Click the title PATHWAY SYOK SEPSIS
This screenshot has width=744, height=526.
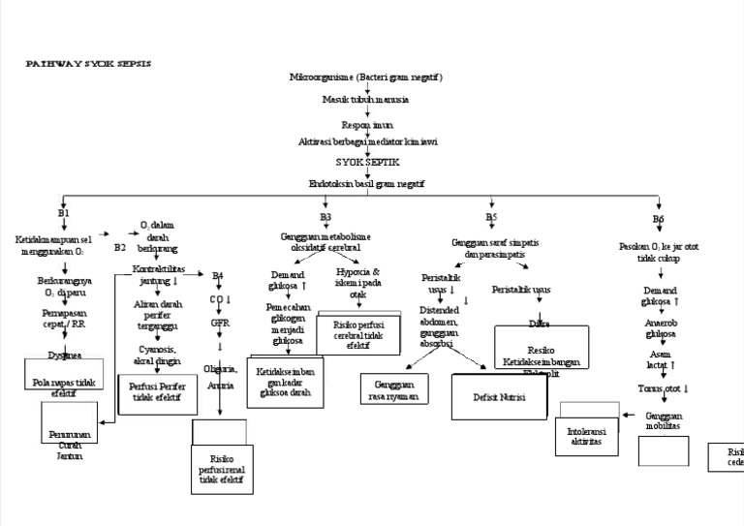87,63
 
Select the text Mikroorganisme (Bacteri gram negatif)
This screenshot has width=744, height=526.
366,77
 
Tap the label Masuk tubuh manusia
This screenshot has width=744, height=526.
365,99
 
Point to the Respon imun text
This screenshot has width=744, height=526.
365,125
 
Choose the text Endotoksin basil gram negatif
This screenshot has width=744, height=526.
366,182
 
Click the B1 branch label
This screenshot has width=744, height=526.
64,212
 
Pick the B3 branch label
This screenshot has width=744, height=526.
325,217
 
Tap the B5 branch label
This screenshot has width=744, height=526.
491,217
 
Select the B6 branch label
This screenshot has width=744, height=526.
658,220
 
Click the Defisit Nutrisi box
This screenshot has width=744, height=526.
499,397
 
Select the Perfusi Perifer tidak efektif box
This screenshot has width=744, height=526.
157,391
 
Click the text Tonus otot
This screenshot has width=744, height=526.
663,388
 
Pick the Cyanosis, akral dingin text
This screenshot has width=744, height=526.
157,355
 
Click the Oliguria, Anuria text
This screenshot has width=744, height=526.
221,376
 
